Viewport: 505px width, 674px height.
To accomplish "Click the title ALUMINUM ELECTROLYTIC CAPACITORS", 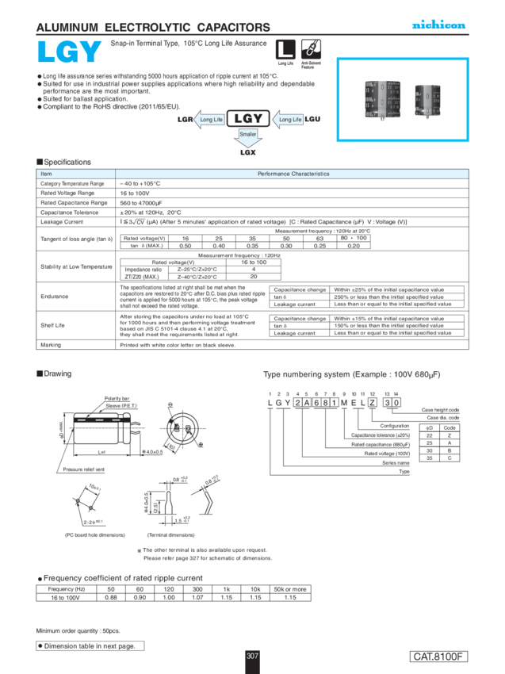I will click(153, 28).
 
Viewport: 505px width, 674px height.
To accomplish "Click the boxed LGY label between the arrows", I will click(247, 118).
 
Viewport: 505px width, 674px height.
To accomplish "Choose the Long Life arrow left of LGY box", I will click(210, 119).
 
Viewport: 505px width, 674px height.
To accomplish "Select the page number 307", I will click(252, 657).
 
